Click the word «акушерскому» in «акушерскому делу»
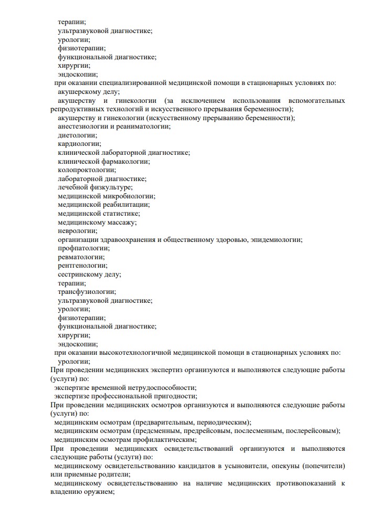79,92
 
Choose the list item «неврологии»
77,231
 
